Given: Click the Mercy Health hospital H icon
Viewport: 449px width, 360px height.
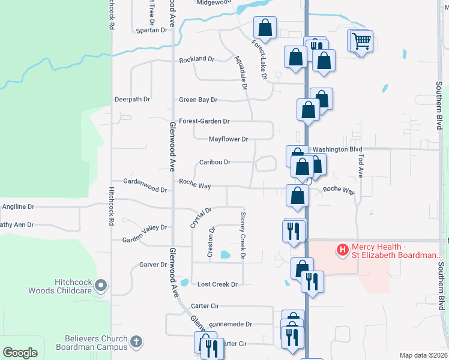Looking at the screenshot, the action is click(x=343, y=249).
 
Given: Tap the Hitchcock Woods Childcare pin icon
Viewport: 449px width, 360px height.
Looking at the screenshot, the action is click(x=101, y=285).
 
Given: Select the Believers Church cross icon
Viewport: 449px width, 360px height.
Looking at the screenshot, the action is click(x=136, y=342).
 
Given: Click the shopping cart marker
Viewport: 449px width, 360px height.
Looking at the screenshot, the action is click(x=361, y=41).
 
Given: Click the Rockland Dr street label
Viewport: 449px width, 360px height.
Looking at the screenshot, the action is click(x=197, y=59).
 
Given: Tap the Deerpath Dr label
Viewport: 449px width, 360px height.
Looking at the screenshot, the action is click(x=133, y=99).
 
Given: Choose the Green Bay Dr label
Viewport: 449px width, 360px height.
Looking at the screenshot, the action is click(x=198, y=100).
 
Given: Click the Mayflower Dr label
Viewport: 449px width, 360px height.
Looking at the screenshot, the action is click(x=228, y=139).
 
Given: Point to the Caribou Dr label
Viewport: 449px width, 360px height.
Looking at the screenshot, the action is click(x=215, y=162).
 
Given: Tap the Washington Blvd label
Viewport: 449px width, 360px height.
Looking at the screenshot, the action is click(x=337, y=149).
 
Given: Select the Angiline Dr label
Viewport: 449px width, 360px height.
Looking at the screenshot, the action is click(x=19, y=206).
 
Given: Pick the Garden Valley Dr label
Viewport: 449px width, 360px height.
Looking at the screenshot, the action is click(x=144, y=227).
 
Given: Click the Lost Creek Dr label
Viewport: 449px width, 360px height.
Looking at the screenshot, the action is click(x=218, y=284).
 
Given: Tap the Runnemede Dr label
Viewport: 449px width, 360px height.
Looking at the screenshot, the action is click(x=231, y=323).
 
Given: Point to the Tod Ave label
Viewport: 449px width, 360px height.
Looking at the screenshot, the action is click(x=361, y=163).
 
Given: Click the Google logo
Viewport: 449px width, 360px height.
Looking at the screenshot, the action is click(x=20, y=352).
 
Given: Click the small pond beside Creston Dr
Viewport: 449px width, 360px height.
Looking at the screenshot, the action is click(x=224, y=255).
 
